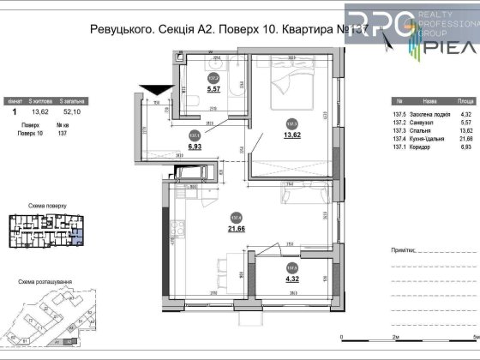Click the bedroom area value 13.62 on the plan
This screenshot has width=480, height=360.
coord(291,135)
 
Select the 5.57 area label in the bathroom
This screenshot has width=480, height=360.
coord(215,88)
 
